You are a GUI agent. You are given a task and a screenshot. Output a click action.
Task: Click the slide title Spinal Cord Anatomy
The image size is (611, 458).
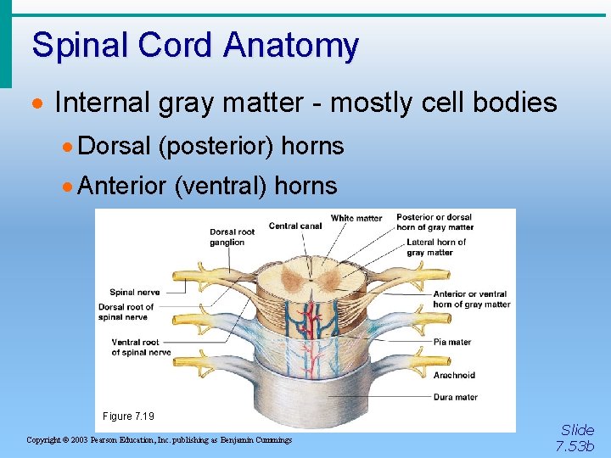[195, 45]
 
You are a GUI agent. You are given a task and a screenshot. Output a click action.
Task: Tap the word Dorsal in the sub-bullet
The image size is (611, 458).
[114, 147]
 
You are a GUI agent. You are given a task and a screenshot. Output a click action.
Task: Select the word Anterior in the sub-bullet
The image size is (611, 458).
[121, 186]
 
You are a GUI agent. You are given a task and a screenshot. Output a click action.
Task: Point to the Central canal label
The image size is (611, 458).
[295, 226]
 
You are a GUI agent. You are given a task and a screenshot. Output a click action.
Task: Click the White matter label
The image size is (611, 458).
[356, 218]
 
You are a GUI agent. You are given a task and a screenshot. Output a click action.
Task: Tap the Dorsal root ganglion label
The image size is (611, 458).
[233, 237]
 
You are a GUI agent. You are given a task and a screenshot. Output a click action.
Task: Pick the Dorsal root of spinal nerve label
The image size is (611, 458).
[126, 311]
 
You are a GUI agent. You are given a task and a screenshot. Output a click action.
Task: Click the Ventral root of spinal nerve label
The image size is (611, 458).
[140, 347]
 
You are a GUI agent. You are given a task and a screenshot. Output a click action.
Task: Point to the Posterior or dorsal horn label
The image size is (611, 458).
[434, 222]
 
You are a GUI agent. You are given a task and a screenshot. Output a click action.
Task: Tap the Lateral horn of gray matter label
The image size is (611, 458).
[436, 247]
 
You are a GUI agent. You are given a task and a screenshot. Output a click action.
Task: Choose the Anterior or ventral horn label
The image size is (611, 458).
[471, 299]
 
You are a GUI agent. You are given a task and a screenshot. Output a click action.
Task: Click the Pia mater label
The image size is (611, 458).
[451, 343]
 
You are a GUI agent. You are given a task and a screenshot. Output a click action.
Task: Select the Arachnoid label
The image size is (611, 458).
[454, 375]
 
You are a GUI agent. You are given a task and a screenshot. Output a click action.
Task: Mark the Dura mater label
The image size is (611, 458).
[455, 396]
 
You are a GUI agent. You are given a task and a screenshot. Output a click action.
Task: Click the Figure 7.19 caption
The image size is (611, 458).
[129, 416]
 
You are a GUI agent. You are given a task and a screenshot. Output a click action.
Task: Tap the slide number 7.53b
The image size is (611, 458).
[575, 445]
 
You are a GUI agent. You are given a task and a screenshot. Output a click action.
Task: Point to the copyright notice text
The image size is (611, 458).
[160, 440]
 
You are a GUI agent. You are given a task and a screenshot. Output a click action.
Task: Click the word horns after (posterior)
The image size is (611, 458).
[312, 147]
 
